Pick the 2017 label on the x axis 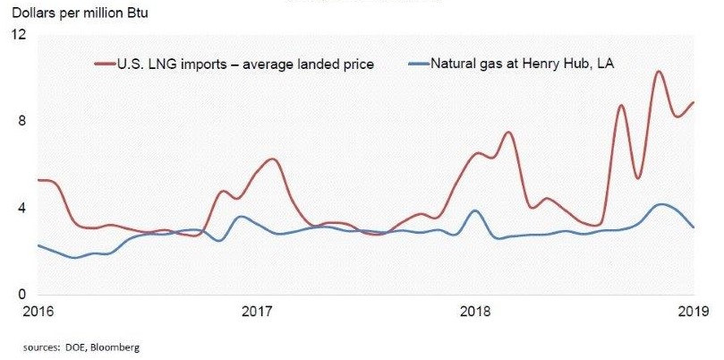[257, 312]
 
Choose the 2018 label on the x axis [475, 312]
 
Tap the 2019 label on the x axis [694, 312]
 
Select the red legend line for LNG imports [106, 64]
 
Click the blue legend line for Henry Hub [417, 64]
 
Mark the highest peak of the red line [659, 72]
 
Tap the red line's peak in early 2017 [273, 159]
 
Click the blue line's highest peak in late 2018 [661, 204]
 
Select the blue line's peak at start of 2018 [475, 210]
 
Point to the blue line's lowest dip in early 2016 [76, 258]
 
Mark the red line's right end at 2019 [694, 102]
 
